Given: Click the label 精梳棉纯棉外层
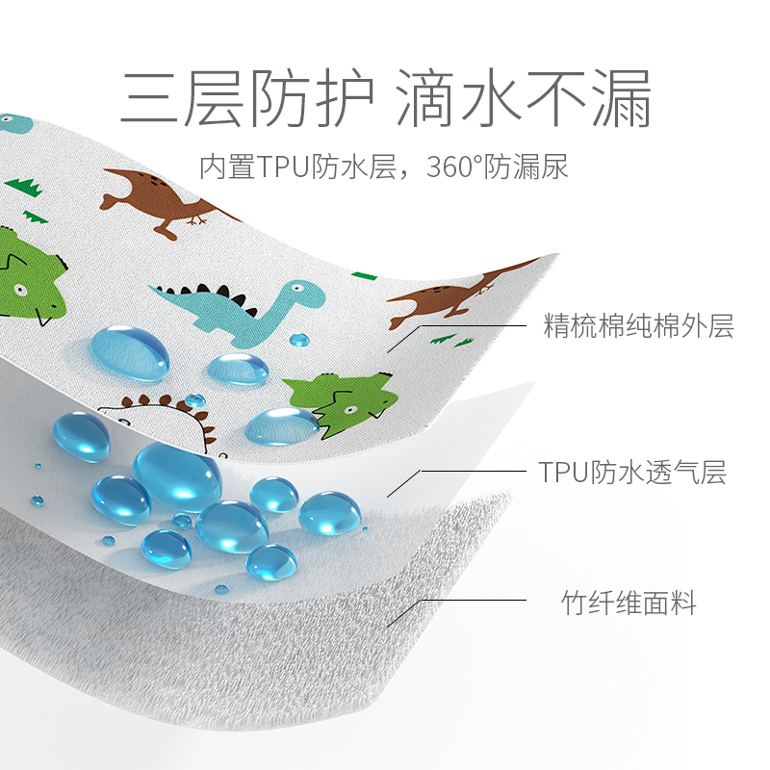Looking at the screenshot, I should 639,326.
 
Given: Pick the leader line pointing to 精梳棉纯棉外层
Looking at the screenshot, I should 472,325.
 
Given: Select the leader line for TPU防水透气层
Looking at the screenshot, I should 472,471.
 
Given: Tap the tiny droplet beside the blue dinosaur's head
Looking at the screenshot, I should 299,339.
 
